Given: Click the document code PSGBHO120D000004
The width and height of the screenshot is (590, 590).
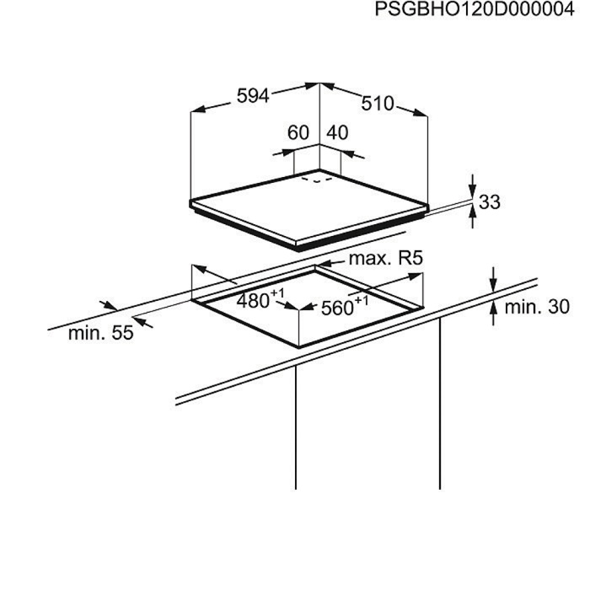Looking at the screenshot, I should pyautogui.click(x=469, y=11).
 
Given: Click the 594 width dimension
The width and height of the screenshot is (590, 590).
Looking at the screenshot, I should pyautogui.click(x=252, y=96).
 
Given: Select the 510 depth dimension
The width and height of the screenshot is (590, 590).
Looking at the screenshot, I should pyautogui.click(x=378, y=104).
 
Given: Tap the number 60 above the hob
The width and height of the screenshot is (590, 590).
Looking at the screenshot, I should pyautogui.click(x=298, y=132).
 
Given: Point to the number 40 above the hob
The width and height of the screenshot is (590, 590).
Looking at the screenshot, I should pyautogui.click(x=337, y=132).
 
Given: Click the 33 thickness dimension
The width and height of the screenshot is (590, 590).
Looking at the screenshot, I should pyautogui.click(x=490, y=202).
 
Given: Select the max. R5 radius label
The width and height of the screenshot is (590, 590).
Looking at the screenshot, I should pyautogui.click(x=384, y=259).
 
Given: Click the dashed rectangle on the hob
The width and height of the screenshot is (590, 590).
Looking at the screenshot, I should pyautogui.click(x=316, y=179).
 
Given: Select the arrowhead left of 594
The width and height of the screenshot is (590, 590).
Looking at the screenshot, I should pyautogui.click(x=198, y=110).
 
